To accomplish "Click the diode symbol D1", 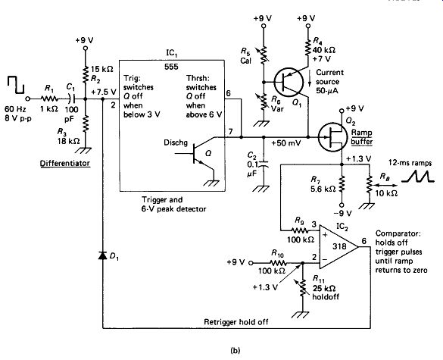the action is pos(102,255).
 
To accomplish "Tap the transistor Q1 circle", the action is pos(289,83).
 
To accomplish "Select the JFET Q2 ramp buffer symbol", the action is pos(332,137).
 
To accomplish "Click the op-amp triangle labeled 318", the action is pos(338,246).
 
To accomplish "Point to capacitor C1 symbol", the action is pos(72,99).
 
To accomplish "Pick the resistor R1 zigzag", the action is pos(49,99).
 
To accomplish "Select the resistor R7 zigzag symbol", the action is pos(342,184).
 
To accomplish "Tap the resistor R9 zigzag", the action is pos(300,229).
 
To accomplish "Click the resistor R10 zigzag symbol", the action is pos(278,263).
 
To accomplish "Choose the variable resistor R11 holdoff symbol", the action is pos(301,287).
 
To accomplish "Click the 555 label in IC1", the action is pos(171,67).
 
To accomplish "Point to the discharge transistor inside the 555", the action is pos(198,153).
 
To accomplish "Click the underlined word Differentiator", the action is pos(65,164).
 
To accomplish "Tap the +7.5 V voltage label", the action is pos(104,92).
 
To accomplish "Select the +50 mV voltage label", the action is pos(286,143).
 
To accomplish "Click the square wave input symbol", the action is pos(16,85).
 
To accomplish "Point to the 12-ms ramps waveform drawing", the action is pos(417,176).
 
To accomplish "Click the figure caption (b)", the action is pos(236,351).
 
